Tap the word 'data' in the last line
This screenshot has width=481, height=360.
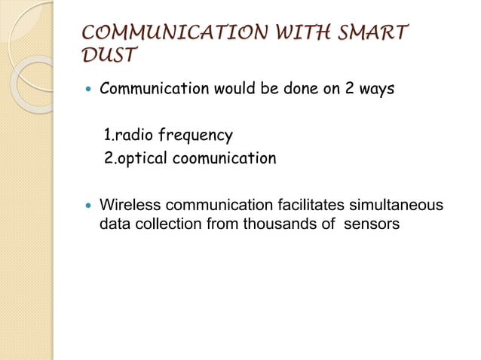point(114,224)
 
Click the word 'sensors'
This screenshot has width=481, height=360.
point(371,224)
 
